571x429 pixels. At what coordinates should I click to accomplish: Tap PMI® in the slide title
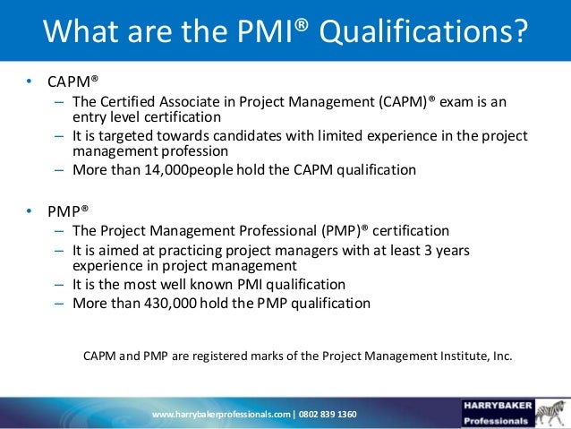284,33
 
